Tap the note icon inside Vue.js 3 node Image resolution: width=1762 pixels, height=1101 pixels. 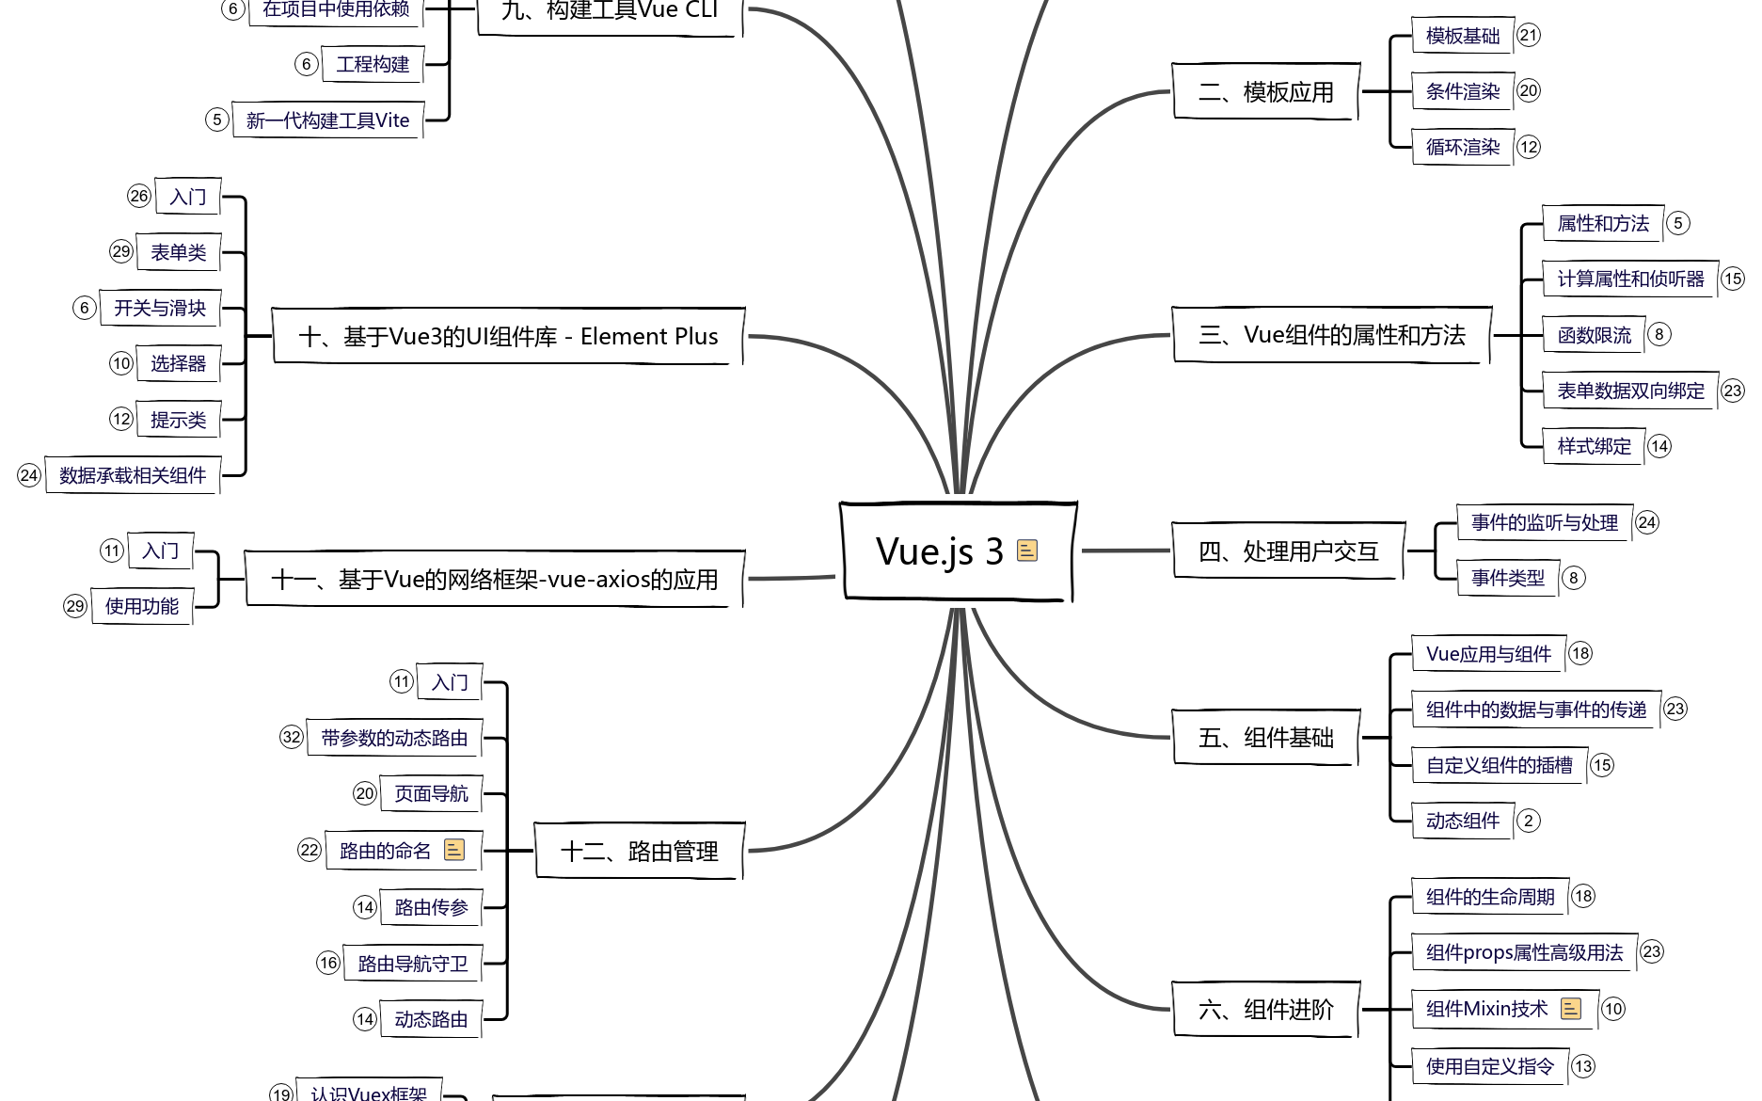coord(1027,550)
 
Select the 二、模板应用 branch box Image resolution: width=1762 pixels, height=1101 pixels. coord(1265,92)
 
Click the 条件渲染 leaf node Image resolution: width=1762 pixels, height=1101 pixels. coord(1463,91)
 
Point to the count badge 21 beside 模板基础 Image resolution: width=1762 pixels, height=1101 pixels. coord(1529,36)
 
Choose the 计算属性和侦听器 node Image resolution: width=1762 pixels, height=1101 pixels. coord(1630,279)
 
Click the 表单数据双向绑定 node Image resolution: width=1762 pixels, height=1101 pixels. coord(1630,391)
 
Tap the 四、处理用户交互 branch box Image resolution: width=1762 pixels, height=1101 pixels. coord(1288,551)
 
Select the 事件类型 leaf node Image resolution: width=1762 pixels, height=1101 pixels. coord(1508,578)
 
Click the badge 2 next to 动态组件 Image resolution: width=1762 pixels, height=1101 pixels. coord(1529,821)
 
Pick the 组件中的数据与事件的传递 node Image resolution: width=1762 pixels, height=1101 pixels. coord(1536,710)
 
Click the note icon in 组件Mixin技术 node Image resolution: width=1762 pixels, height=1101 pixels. coord(1571,1009)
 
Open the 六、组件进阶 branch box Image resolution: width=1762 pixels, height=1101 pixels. coord(1265,1010)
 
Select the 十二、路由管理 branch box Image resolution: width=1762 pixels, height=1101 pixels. coord(639,852)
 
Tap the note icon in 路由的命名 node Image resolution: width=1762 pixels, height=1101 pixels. coord(454,850)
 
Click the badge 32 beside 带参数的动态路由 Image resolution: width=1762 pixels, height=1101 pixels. coord(292,738)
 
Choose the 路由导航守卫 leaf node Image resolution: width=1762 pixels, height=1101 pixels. coord(413,964)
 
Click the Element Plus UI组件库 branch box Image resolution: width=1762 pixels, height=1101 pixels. coord(508,336)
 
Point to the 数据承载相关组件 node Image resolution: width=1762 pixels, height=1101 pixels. coord(133,475)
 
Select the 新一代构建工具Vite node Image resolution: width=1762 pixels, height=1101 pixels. coord(327,120)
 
